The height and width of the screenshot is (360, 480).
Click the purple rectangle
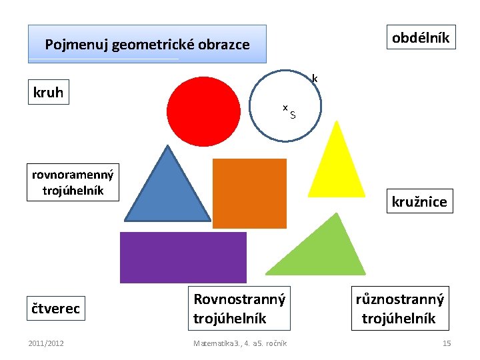coord(183,257)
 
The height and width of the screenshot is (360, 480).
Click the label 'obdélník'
coord(420,37)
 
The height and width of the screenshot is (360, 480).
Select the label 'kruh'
coord(48,93)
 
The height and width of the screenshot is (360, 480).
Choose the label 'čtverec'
coord(57,308)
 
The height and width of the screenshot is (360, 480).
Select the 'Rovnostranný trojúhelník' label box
coord(239,309)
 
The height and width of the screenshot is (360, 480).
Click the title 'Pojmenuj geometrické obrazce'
coord(147,45)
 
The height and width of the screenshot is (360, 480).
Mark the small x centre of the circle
coord(285,107)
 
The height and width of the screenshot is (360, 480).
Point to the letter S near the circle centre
coord(293,116)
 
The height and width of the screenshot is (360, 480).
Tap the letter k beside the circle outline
coord(315,79)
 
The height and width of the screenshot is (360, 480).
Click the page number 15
coord(447,343)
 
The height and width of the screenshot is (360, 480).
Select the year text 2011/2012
coord(46,343)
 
